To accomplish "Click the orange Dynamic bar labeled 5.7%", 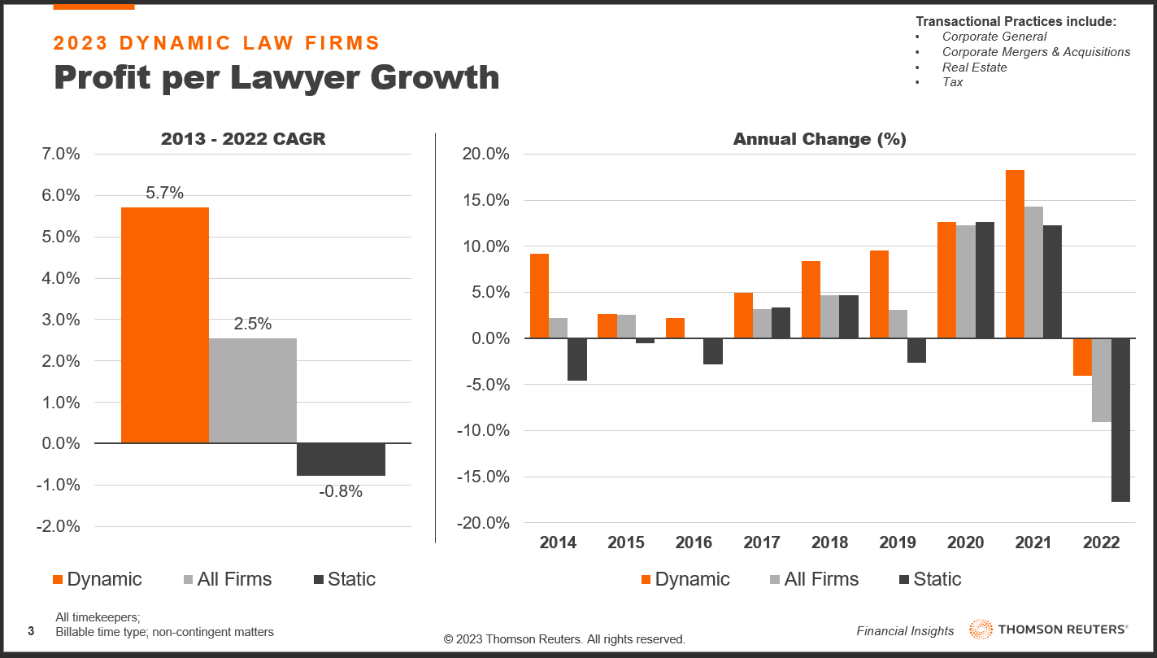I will pyautogui.click(x=165, y=325).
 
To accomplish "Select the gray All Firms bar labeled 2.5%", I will pyautogui.click(x=253, y=390).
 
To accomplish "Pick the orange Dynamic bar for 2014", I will pyautogui.click(x=539, y=296).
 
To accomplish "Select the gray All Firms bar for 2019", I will pyautogui.click(x=898, y=324).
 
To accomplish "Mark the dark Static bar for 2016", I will pyautogui.click(x=713, y=351).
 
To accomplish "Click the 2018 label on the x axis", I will pyautogui.click(x=829, y=543).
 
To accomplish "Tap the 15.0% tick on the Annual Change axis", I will pyautogui.click(x=486, y=200).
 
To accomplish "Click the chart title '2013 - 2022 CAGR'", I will pyautogui.click(x=243, y=138).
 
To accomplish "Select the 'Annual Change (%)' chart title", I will pyautogui.click(x=820, y=139).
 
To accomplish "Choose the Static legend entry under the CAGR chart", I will pyautogui.click(x=345, y=579).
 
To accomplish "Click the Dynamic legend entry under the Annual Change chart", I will pyautogui.click(x=685, y=579).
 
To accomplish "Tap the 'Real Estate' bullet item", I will pyautogui.click(x=974, y=68).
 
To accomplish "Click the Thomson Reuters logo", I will pyautogui.click(x=1049, y=629).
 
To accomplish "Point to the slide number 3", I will pyautogui.click(x=31, y=631).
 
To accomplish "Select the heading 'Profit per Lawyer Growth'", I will pyautogui.click(x=276, y=77).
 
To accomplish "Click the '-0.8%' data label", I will pyautogui.click(x=341, y=491).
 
